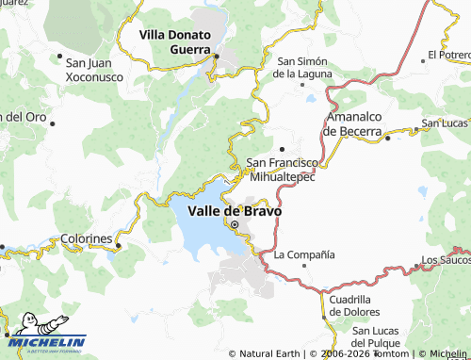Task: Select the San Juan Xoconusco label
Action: [x=94, y=69]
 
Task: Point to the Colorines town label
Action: [x=87, y=239]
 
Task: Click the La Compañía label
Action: [x=304, y=254]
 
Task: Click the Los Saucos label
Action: [x=446, y=259]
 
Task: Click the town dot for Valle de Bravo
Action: [x=235, y=225]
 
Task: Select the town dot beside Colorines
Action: [x=119, y=247]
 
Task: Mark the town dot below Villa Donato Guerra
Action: [x=216, y=57]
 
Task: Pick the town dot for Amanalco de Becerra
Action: [x=388, y=138]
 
